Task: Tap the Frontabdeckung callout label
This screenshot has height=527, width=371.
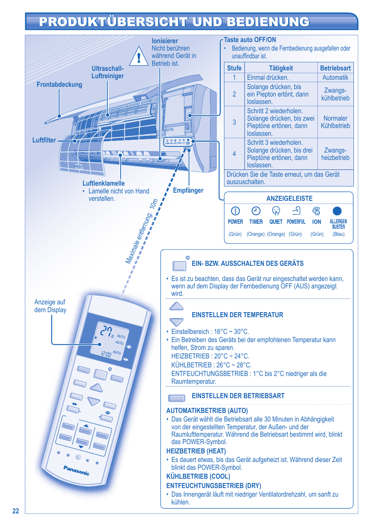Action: click(x=59, y=84)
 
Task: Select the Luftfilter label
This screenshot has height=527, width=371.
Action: click(x=44, y=140)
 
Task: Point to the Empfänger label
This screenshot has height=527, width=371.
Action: click(x=188, y=190)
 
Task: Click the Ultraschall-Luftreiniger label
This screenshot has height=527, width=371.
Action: click(x=107, y=72)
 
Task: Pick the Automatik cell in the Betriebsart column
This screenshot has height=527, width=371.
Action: click(x=335, y=77)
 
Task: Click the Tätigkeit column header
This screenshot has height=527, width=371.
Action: click(x=281, y=68)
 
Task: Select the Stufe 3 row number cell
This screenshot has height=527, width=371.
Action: click(x=234, y=122)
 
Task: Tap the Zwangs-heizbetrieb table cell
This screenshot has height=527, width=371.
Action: click(x=335, y=154)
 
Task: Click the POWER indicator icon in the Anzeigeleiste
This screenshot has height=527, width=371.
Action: click(x=235, y=211)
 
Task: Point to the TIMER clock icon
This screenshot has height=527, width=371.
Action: click(x=256, y=211)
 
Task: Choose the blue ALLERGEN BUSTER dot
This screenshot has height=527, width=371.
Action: click(x=337, y=211)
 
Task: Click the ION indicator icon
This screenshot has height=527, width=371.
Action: click(x=317, y=211)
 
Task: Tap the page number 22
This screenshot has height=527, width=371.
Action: click(x=16, y=511)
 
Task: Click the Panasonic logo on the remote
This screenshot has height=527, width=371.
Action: click(x=77, y=470)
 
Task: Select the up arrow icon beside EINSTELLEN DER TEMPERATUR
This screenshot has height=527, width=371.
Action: click(x=177, y=306)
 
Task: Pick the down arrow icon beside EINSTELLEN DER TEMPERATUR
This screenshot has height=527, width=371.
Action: click(x=177, y=322)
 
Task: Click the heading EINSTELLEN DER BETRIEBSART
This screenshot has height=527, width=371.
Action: click(x=238, y=396)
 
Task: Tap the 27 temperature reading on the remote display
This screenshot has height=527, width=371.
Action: click(x=107, y=331)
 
